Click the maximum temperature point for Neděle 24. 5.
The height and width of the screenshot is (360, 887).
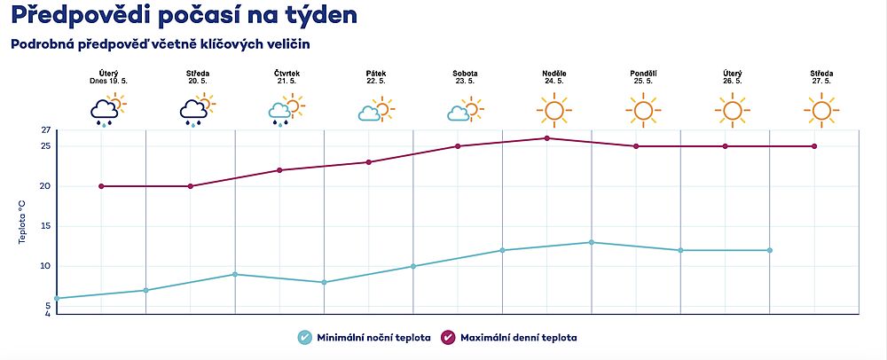point(547,138)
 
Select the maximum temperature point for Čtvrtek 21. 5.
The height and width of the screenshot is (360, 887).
point(279,170)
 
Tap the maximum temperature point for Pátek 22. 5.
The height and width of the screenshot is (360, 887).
point(369,162)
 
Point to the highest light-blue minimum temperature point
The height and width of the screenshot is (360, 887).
point(591,242)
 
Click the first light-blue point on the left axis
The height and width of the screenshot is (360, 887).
point(57,299)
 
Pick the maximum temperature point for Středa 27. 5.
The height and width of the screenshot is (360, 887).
point(814,146)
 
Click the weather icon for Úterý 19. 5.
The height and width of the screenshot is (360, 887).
point(108,110)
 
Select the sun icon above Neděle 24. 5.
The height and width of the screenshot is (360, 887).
point(553,110)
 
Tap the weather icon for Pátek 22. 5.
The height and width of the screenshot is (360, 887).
point(376,110)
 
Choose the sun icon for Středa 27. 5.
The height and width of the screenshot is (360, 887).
point(821,110)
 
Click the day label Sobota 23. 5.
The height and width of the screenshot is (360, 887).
point(465,77)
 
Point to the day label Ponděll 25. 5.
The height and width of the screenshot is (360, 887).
point(643,77)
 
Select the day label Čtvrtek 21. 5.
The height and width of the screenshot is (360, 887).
point(287,77)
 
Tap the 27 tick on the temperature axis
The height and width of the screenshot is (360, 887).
point(46,130)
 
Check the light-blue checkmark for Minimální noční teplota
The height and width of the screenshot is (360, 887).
point(305,338)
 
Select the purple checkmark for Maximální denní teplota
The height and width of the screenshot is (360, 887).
point(449,338)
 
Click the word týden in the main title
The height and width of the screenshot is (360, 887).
point(321,15)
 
